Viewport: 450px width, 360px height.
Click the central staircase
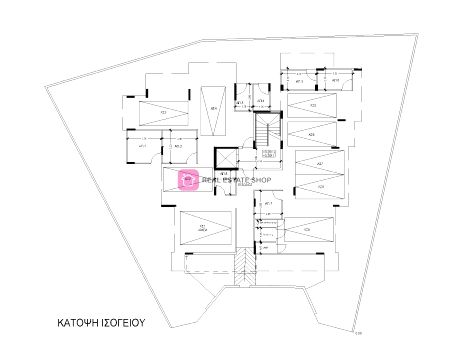tap(267, 130)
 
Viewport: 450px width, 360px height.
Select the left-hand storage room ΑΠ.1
tap(143, 148)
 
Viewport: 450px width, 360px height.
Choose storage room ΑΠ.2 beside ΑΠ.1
tap(179, 148)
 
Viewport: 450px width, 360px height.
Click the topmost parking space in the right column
tap(313, 105)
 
